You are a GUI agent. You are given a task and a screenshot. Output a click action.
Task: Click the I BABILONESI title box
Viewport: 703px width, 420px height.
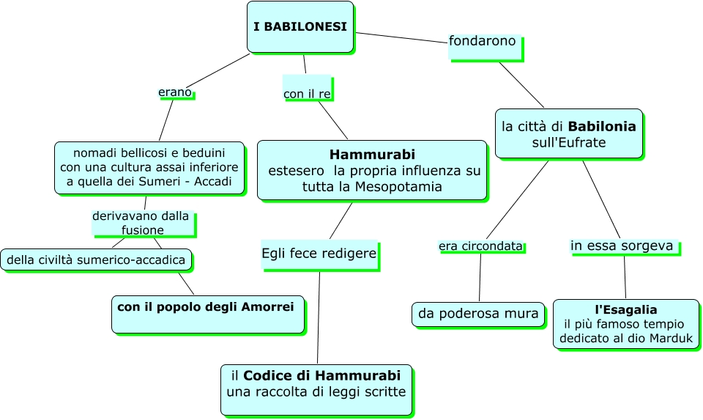(300, 27)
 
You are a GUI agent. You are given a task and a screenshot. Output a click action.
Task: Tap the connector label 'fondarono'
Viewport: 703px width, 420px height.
(483, 41)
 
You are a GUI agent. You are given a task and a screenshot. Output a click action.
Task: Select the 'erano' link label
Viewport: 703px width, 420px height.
(175, 92)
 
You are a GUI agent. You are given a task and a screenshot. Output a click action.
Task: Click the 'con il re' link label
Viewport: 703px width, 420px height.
(307, 95)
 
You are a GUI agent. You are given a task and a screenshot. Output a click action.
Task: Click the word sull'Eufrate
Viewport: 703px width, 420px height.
(568, 143)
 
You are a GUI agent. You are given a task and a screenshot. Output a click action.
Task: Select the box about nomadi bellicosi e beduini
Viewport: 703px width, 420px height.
(149, 168)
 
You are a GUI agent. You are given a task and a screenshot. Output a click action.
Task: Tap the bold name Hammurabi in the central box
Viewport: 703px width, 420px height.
(372, 155)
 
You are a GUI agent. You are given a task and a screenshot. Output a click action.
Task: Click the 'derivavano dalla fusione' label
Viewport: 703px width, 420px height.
(142, 223)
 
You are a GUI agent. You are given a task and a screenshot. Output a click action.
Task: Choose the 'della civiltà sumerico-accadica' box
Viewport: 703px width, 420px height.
(97, 259)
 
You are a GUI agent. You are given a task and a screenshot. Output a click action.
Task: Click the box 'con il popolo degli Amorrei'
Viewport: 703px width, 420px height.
(207, 314)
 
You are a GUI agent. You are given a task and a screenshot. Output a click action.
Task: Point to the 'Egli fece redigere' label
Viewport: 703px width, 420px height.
(319, 254)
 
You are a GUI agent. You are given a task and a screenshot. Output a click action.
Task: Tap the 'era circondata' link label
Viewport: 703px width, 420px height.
(481, 246)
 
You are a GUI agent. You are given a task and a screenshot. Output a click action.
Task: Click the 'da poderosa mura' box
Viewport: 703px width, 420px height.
(478, 314)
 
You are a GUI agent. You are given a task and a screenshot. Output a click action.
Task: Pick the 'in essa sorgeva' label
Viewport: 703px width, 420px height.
(622, 246)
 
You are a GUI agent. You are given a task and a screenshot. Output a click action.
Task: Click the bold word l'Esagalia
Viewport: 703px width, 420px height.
(625, 310)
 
